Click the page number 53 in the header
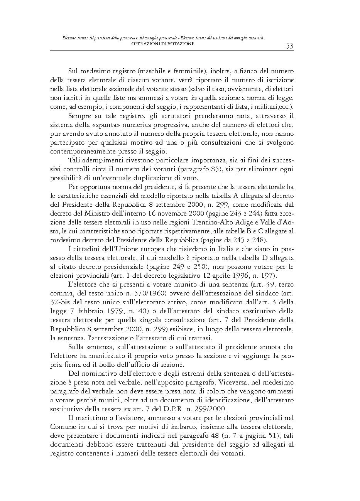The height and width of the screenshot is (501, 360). click(289, 46)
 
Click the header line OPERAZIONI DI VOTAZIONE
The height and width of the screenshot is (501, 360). click(162, 44)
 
